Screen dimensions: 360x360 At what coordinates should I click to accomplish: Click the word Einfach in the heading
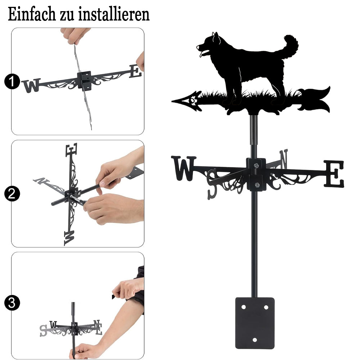pos(32,14)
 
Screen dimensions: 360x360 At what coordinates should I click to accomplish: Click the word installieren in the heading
pos(114,14)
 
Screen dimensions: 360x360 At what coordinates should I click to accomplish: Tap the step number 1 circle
pos(12,81)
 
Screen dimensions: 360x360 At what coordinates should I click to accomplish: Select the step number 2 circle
pos(12,194)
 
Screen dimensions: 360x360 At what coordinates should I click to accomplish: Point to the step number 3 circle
pos(12,303)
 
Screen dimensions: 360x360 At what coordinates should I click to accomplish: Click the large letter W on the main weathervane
pos(184,168)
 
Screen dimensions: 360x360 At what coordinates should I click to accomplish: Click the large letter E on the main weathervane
pos(334,174)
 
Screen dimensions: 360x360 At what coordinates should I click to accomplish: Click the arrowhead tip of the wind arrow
pos(172,101)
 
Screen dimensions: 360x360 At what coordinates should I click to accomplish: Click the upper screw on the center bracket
pos(256,165)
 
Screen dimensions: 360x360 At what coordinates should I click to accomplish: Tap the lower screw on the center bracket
pos(257,185)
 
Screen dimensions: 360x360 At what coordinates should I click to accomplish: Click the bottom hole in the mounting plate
pos(255,340)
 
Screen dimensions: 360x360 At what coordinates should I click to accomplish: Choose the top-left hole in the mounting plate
pos(243,307)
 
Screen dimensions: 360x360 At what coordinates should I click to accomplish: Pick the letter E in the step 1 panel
pos(135,71)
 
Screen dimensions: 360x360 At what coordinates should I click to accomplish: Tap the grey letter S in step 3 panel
pos(43,330)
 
